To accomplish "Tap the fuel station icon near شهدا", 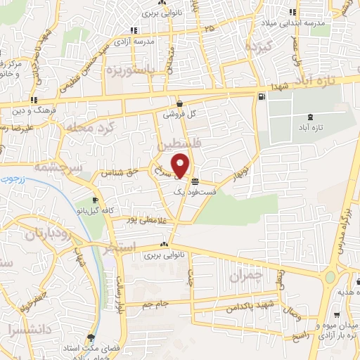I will (262, 96).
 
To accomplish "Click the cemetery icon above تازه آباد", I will (311, 117).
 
